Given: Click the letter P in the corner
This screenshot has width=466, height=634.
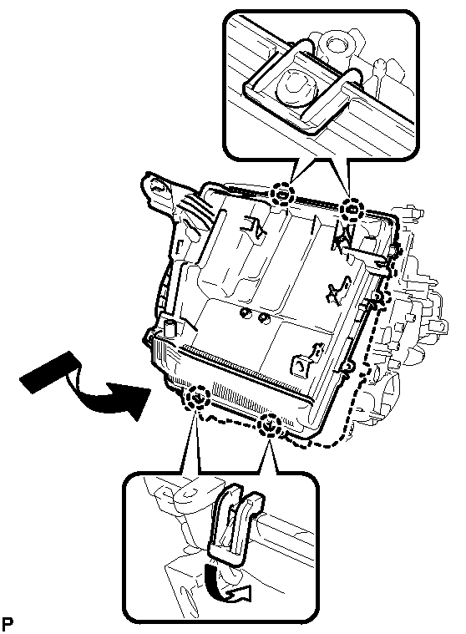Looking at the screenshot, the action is pyautogui.click(x=7, y=624).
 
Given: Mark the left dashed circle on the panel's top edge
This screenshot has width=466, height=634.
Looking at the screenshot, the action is pyautogui.click(x=282, y=194).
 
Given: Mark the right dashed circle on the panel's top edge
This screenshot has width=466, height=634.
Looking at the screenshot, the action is pyautogui.click(x=352, y=210).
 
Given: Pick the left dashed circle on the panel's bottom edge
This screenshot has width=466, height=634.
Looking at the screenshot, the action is pyautogui.click(x=197, y=398).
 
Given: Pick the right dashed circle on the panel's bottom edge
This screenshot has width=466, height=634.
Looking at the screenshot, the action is pyautogui.click(x=269, y=424).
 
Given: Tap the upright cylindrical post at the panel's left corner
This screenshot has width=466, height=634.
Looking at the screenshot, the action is pyautogui.click(x=170, y=327).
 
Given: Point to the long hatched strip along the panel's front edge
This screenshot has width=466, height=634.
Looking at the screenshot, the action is pyautogui.click(x=246, y=373).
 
